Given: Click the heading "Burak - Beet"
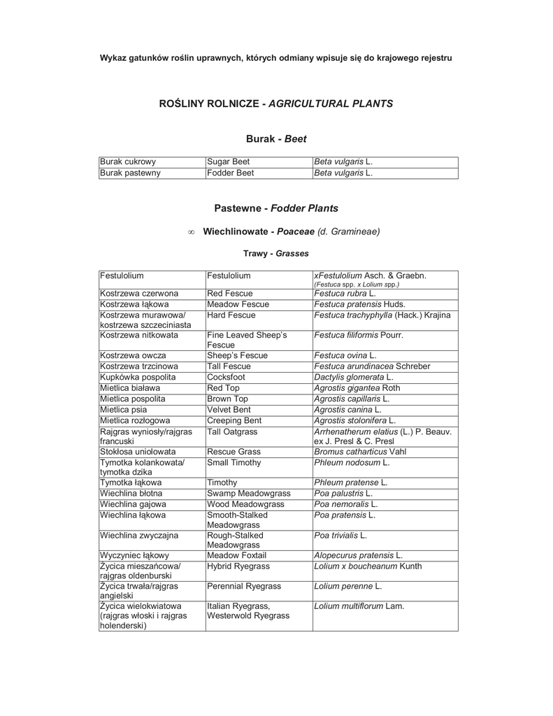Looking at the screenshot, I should (x=276, y=139).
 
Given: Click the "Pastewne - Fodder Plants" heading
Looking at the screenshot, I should (x=276, y=208).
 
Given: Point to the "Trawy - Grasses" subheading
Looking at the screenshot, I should (x=276, y=253).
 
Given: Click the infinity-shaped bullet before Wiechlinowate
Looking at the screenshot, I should (x=192, y=231).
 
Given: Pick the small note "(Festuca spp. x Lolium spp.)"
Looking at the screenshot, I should (x=357, y=285).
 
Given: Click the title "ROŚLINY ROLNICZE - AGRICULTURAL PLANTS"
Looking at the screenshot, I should (x=276, y=103).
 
